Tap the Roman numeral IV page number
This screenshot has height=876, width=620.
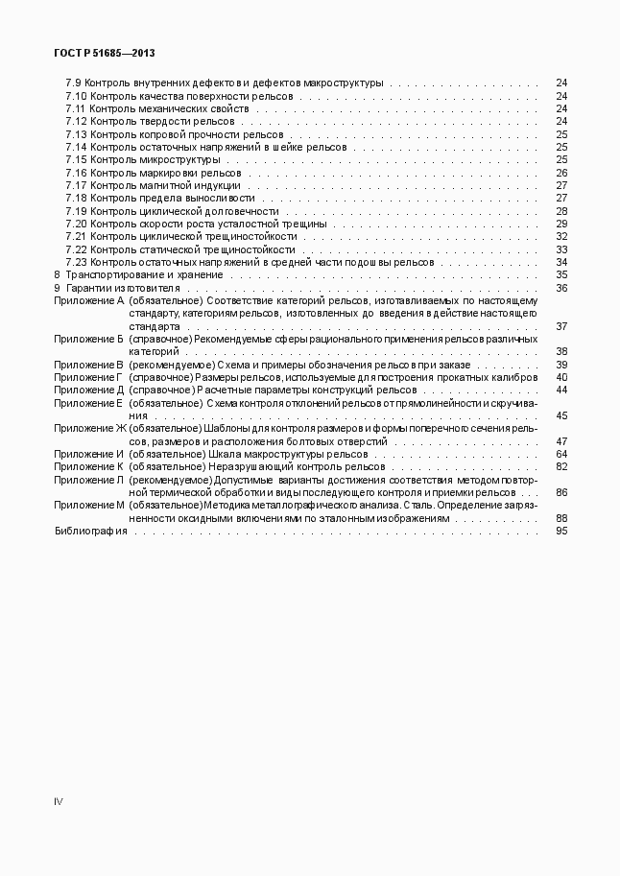point(59,800)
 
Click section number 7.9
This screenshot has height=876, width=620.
point(73,83)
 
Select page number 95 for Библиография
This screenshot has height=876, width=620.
point(561,531)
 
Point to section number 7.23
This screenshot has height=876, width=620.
point(76,262)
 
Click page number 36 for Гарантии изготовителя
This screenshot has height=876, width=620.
point(561,288)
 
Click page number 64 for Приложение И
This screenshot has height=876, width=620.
point(561,454)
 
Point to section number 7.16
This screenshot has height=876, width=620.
point(76,173)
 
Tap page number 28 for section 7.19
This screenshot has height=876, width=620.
point(561,211)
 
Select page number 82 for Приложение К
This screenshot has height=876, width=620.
point(561,466)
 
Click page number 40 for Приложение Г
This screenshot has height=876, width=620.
point(561,377)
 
